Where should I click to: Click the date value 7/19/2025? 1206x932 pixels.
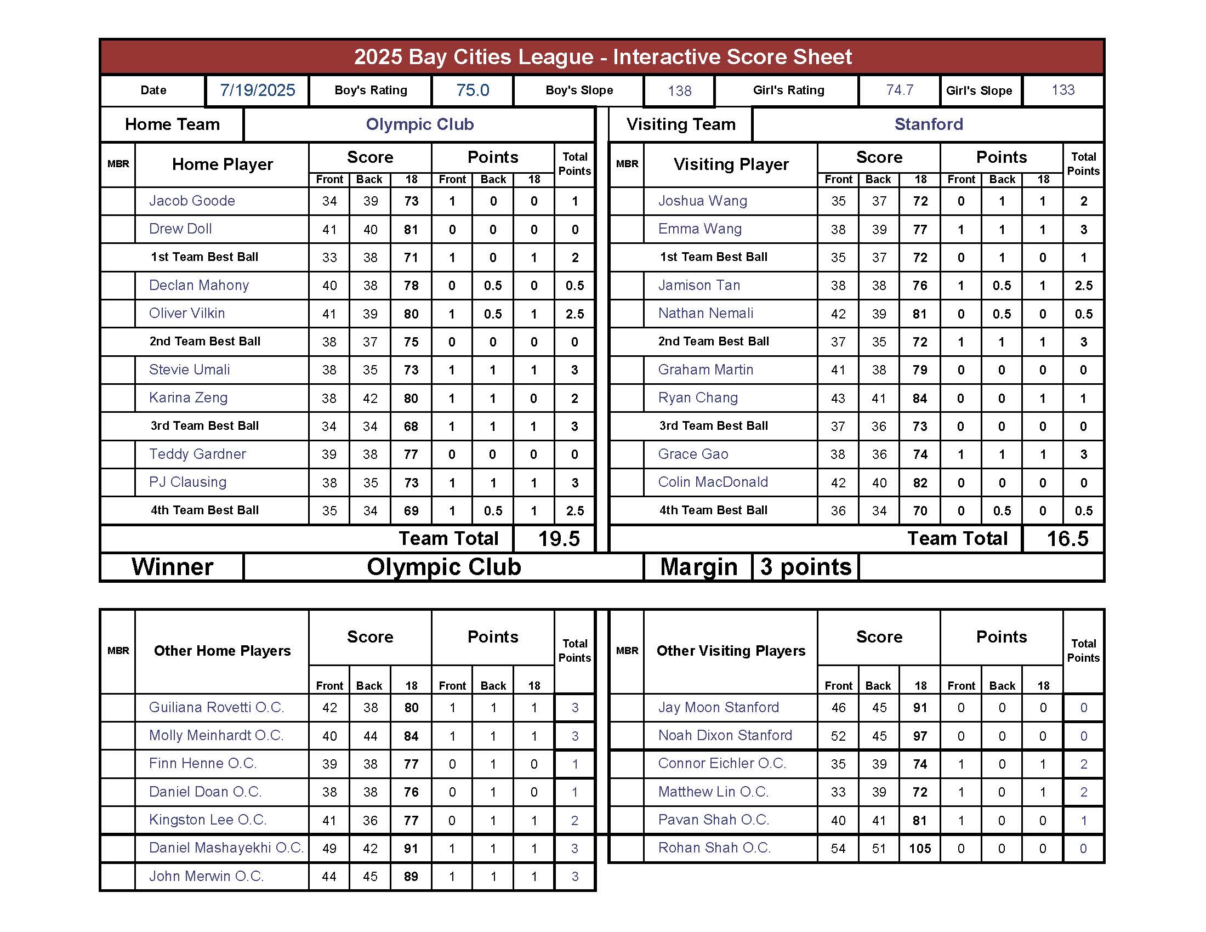[x=257, y=90]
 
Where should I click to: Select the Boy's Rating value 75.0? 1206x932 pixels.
[x=472, y=90]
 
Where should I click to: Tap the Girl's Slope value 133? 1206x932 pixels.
[x=1062, y=90]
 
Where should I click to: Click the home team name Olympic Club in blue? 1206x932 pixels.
[x=419, y=124]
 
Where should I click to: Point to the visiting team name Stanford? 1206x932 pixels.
[x=928, y=124]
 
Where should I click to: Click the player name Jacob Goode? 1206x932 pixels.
[x=192, y=201]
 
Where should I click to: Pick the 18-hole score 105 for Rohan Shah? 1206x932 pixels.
[x=919, y=849]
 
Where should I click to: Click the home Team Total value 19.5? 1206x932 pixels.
[x=558, y=539]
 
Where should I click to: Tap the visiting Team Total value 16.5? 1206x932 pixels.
[x=1067, y=539]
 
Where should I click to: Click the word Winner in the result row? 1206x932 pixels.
[x=172, y=567]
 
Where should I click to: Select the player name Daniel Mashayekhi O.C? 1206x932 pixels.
[x=226, y=848]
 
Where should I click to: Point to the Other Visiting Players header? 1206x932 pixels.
[x=730, y=651]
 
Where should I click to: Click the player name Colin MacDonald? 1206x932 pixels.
[x=712, y=482]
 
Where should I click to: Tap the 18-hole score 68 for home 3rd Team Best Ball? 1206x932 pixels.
[x=411, y=426]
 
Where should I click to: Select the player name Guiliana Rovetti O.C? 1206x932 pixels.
[x=216, y=708]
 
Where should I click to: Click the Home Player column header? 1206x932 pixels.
[x=222, y=164]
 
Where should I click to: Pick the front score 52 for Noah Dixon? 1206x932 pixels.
[x=838, y=736]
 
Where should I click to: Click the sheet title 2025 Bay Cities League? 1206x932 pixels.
[x=602, y=57]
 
